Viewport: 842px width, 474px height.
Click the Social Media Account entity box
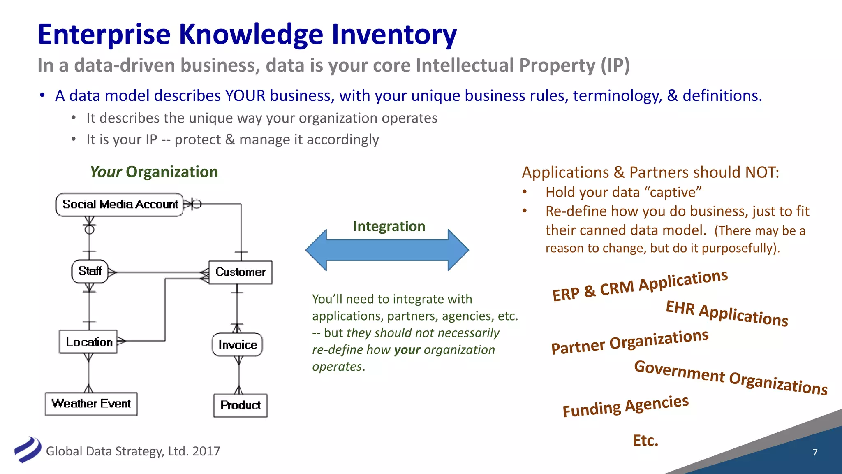point(120,204)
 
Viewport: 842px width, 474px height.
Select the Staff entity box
point(90,271)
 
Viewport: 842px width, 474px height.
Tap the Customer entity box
point(240,272)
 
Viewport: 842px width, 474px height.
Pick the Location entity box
point(88,342)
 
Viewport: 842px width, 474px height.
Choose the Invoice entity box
point(237,344)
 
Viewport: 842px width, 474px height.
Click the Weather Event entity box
point(91,404)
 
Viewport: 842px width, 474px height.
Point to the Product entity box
point(240,406)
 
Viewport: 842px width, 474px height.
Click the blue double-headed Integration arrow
point(387,250)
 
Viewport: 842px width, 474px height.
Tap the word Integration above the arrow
point(389,226)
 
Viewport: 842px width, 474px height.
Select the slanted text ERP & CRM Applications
point(640,285)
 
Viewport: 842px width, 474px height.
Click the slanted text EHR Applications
point(726,314)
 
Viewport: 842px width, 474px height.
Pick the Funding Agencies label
point(625,406)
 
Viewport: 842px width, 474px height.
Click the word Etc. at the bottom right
point(645,440)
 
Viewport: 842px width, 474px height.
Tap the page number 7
point(815,452)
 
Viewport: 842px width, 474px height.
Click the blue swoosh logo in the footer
point(28,449)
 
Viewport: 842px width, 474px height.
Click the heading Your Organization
point(154,172)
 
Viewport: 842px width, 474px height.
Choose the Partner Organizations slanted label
point(629,342)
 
